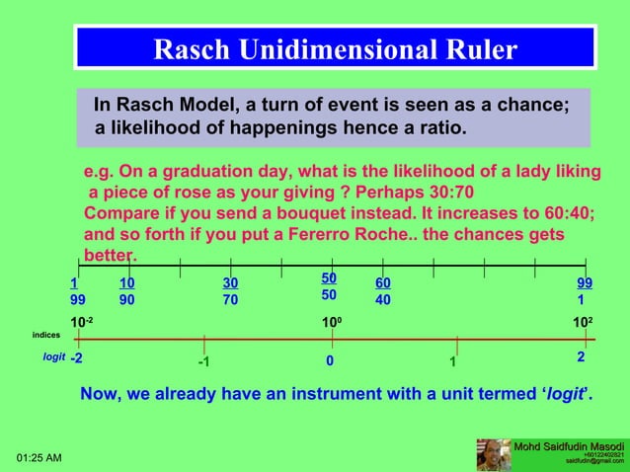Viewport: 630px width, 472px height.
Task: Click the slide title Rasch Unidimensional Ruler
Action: coord(335,49)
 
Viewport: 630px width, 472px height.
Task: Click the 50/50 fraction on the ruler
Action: coord(329,286)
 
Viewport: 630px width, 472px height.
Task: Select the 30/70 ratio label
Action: coord(230,291)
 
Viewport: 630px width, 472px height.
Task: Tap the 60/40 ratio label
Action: coord(383,291)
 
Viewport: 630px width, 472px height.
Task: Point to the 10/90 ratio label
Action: coord(127,291)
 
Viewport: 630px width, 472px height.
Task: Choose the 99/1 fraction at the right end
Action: coord(585,291)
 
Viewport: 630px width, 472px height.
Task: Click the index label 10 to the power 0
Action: coord(331,323)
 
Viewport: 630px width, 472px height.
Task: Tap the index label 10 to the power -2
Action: coord(82,323)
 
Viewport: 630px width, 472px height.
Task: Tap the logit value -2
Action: coord(77,359)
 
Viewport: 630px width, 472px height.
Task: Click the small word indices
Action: coord(46,335)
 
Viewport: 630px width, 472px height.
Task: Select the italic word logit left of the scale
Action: coord(53,358)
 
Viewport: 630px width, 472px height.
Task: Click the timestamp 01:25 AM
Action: coord(39,458)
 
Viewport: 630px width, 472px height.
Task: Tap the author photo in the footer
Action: coord(494,455)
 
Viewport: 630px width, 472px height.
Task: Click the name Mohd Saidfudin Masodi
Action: coord(569,447)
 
